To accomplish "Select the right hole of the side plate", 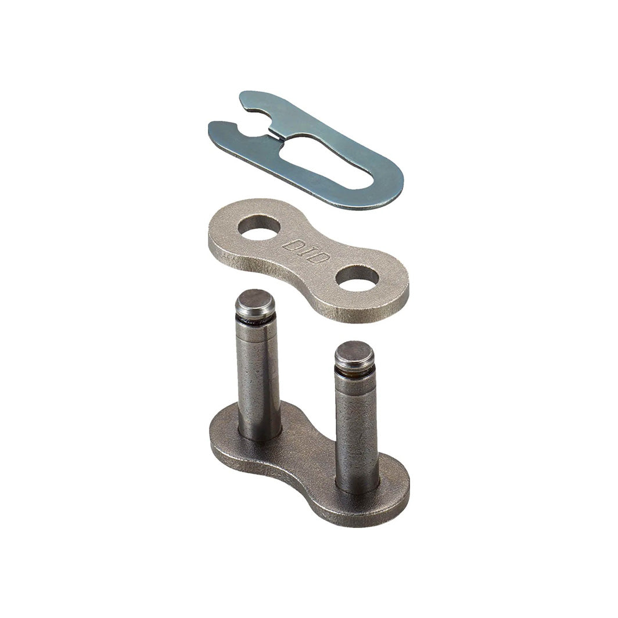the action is pos(357,276).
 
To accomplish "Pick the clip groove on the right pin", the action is pos(353,372).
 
